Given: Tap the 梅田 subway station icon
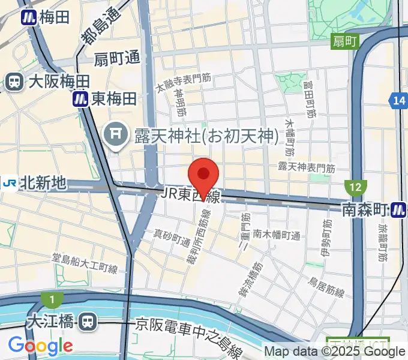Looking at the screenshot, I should (28, 17).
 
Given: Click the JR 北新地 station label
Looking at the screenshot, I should (42, 183).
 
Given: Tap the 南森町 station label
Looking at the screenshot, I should (364, 209).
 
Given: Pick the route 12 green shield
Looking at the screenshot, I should (355, 187).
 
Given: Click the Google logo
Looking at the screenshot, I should (40, 346).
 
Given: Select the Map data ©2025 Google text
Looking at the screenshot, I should (335, 352).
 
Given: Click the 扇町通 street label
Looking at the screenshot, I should (116, 59).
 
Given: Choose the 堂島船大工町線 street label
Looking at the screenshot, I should (93, 264).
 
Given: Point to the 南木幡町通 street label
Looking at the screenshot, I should (276, 235).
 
